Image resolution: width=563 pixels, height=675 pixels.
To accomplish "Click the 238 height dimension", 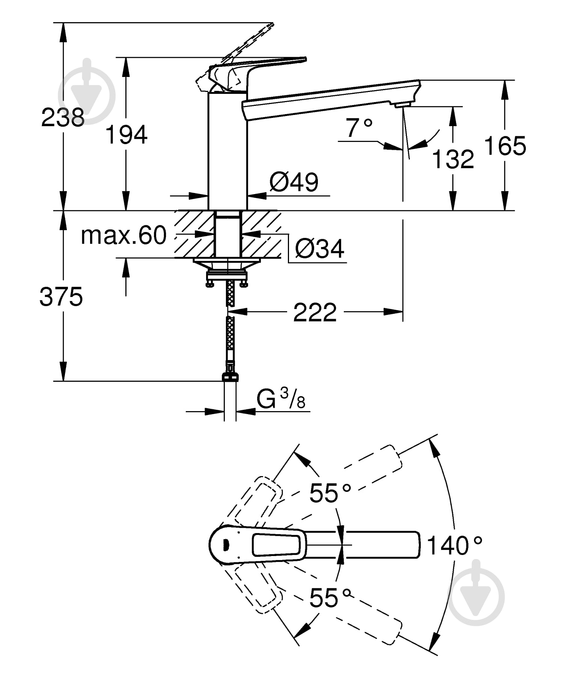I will (63, 118).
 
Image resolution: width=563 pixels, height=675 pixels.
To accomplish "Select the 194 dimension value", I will (126, 135).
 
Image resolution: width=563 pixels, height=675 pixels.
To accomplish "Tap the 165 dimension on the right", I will (505, 146).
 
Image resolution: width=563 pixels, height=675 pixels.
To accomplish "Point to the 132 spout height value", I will (453, 159).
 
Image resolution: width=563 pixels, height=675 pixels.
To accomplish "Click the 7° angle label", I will (359, 128).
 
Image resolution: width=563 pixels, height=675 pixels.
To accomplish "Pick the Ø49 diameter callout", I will (294, 182).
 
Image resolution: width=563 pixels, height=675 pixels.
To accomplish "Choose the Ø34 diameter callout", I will (319, 248).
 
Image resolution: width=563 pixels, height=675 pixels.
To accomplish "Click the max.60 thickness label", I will (123, 235).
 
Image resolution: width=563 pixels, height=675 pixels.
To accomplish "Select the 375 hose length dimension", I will (61, 297).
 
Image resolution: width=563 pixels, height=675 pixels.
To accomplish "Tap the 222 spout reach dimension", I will (315, 312).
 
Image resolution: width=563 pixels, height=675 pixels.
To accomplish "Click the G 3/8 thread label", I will (281, 399).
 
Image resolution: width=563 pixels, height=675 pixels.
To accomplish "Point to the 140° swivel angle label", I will (454, 545).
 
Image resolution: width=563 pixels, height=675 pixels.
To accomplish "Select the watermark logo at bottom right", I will (476, 594).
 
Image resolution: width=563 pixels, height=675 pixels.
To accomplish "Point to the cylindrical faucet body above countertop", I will (227, 150).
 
